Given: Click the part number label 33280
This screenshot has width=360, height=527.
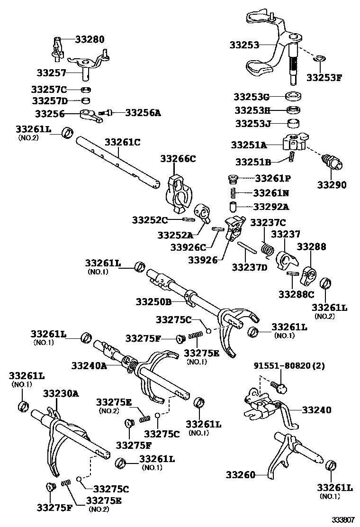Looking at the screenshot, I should (x=90, y=39).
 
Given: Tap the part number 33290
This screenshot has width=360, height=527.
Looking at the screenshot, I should (x=331, y=184).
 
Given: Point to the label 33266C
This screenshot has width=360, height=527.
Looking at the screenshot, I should (x=178, y=159).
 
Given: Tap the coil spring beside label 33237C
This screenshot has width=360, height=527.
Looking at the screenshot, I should (x=266, y=249).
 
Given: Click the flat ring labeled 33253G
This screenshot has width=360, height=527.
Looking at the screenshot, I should (x=295, y=97).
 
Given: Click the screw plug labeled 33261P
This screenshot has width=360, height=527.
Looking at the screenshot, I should (x=233, y=179).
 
